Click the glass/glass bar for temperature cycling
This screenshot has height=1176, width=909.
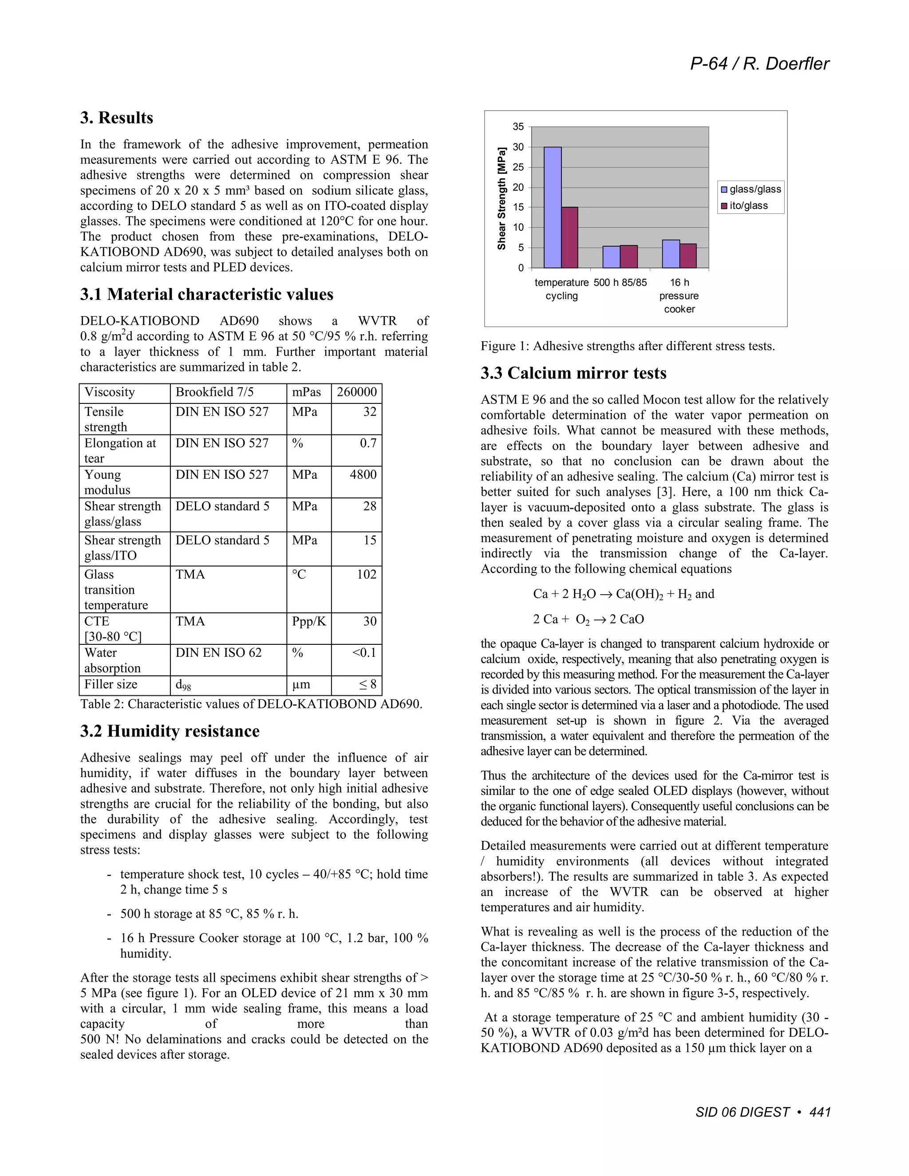[553, 207]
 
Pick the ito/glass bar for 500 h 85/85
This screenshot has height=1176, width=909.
[629, 257]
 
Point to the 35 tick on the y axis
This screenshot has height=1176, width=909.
[518, 127]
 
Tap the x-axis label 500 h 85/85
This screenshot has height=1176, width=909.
[620, 283]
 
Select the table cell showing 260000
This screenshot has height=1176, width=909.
[356, 392]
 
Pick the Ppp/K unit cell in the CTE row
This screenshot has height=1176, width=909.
[308, 621]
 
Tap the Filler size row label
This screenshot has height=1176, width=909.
[111, 684]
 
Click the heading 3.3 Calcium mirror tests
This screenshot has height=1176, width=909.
[573, 373]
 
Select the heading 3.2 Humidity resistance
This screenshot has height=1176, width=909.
[170, 731]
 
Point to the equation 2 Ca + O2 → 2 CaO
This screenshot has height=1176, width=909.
[588, 619]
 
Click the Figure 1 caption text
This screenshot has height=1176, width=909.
[627, 346]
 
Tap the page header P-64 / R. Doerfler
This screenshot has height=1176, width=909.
[759, 64]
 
